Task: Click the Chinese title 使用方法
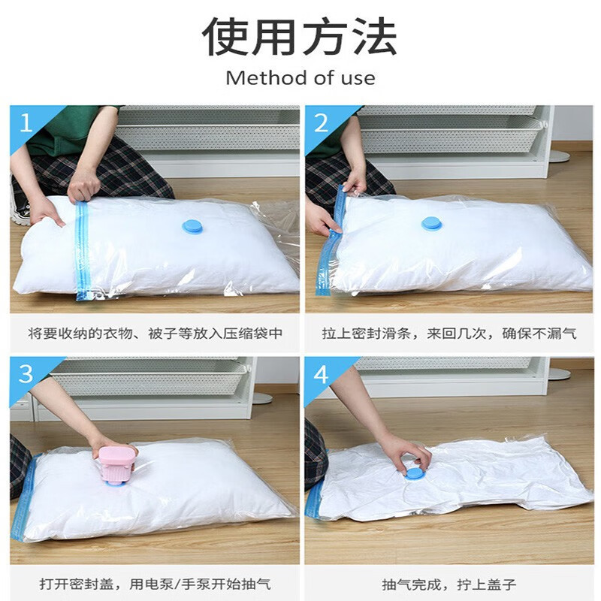tap(300, 37)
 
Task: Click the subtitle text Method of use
tap(300, 77)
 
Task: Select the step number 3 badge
tap(26, 373)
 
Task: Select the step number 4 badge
tap(322, 373)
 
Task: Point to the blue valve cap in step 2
tap(431, 223)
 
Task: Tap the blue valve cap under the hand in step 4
tap(412, 473)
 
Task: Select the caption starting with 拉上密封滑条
tap(450, 332)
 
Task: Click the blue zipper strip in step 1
tap(82, 252)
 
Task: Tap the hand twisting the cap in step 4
tap(402, 451)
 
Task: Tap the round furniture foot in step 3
tap(262, 399)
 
